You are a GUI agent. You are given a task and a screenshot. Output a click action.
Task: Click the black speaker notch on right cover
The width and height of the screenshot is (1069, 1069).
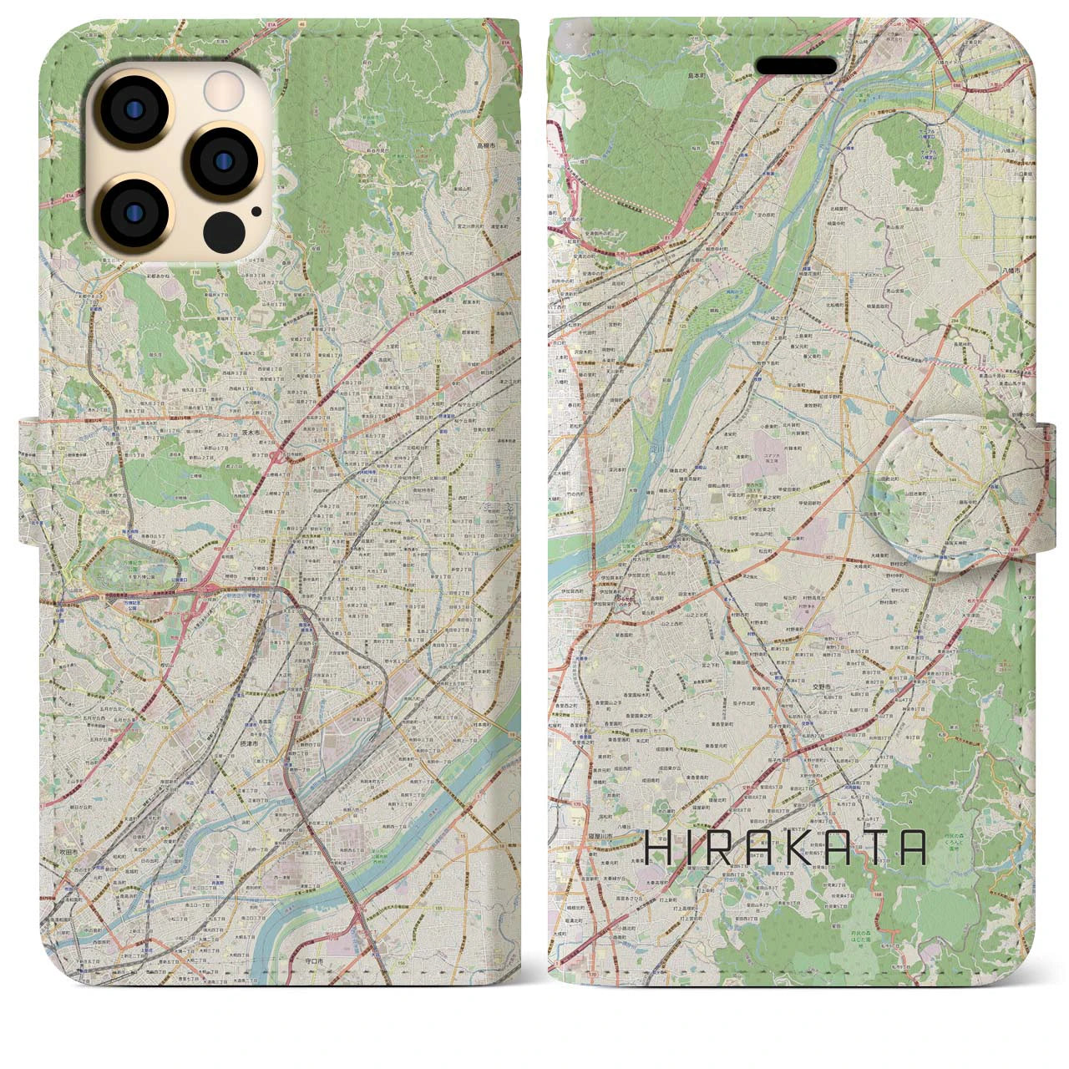click(796, 66)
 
